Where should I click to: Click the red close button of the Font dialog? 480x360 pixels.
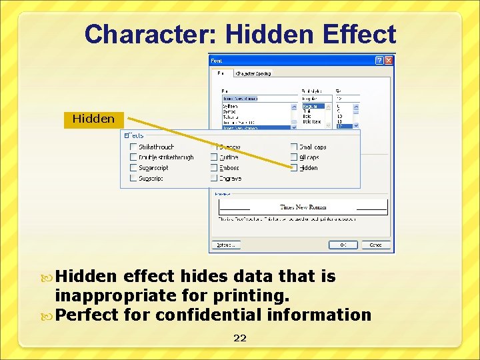tap(389, 60)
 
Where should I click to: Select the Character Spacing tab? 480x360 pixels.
tap(254, 73)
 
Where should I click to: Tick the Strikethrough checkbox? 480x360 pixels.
tap(133, 147)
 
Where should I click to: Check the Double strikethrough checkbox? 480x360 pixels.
tap(133, 157)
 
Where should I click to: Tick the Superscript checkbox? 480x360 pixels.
tap(133, 168)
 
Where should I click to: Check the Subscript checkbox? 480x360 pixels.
tap(133, 179)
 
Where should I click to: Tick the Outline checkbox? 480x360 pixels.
tap(214, 157)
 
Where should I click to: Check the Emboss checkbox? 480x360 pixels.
tap(214, 168)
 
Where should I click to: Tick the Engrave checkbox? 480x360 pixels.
tap(214, 179)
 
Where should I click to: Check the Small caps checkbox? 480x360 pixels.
tap(294, 147)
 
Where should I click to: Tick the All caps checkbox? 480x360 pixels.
tap(294, 157)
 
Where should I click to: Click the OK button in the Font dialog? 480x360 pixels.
tap(343, 245)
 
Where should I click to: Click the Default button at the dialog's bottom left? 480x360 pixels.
tap(225, 245)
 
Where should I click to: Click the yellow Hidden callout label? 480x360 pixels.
tap(93, 119)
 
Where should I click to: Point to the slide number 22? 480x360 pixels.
tap(239, 338)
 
